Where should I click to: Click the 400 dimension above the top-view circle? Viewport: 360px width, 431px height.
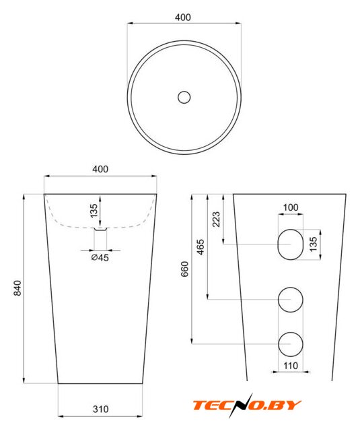click(182, 18)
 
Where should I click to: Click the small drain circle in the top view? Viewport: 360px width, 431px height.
click(184, 97)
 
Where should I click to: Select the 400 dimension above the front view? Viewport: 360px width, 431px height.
click(100, 169)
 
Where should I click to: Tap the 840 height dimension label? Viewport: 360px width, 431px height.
click(17, 288)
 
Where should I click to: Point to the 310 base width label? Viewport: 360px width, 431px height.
click(100, 409)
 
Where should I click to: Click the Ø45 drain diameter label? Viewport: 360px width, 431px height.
click(100, 257)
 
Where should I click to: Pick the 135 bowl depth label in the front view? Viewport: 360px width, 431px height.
click(94, 211)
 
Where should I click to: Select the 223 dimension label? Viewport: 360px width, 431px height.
click(217, 219)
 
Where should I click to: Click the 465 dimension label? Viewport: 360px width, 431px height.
click(201, 247)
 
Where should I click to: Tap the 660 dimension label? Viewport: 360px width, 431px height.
click(185, 269)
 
